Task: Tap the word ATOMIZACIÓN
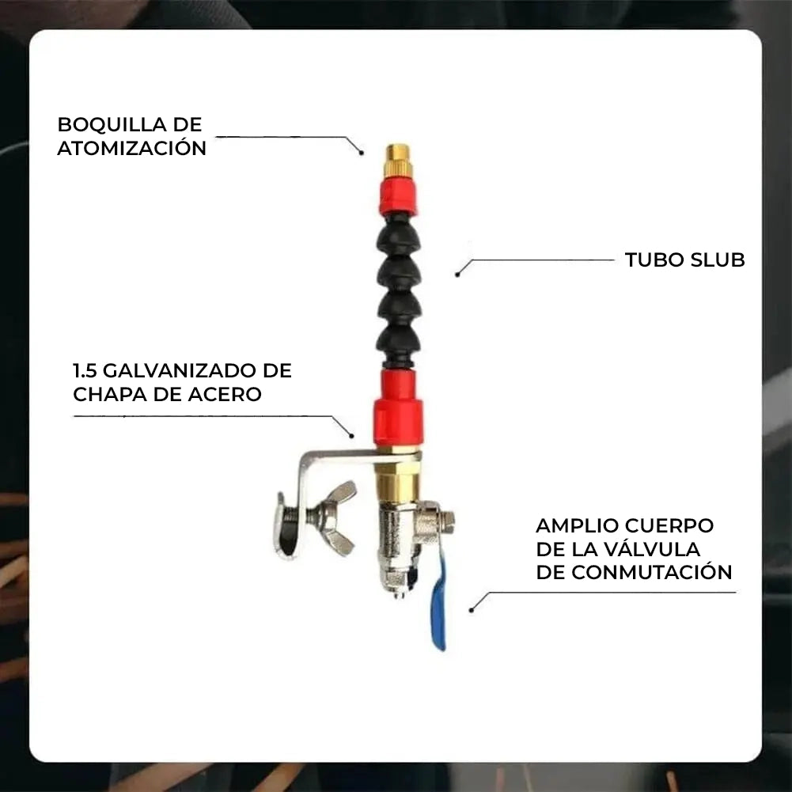(x=131, y=148)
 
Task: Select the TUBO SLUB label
(x=684, y=260)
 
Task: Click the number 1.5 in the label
(x=85, y=370)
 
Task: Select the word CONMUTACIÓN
(x=651, y=572)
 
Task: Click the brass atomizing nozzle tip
(x=397, y=161)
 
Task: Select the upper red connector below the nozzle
(x=397, y=195)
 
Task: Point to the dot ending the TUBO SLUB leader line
(x=457, y=274)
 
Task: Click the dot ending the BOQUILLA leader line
(x=362, y=151)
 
